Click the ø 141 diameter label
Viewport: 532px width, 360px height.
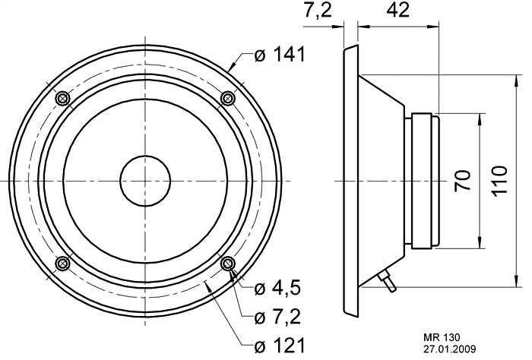click(280, 55)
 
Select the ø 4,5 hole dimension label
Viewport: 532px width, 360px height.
click(277, 289)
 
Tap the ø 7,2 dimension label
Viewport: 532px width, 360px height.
click(277, 317)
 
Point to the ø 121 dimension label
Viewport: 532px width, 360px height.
click(280, 346)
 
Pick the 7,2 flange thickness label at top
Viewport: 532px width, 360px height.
click(317, 11)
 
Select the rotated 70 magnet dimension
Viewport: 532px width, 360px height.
click(463, 180)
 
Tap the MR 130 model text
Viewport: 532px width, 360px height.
click(442, 338)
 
